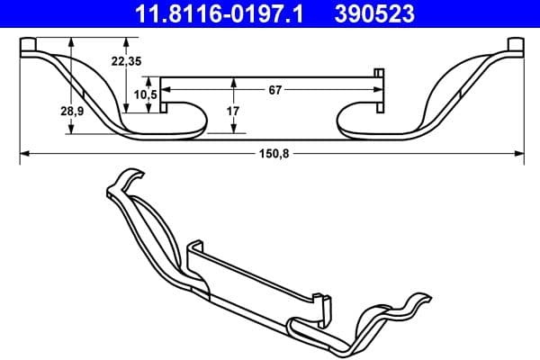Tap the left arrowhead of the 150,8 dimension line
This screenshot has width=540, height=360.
pos(22,154)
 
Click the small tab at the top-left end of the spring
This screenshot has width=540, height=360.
pos(28,46)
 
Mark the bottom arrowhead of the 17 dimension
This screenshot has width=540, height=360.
pos(234,130)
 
